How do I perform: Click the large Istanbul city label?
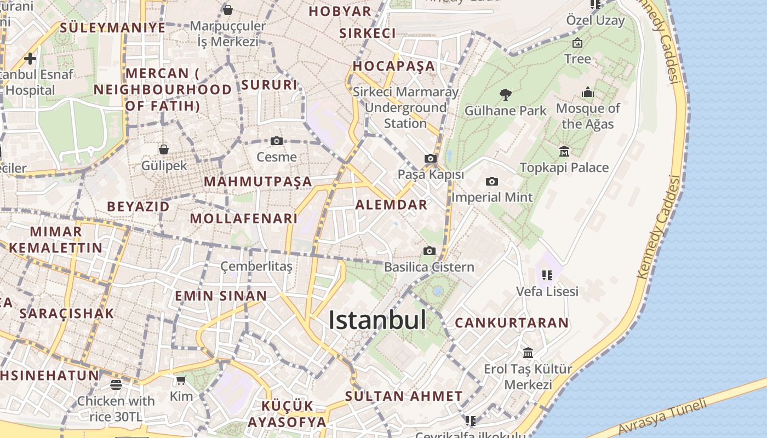(377, 320)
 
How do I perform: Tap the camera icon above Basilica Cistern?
(430, 251)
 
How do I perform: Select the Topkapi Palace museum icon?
(564, 151)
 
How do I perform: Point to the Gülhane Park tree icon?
(505, 94)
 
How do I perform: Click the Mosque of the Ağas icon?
(588, 91)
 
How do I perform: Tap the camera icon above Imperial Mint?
(492, 181)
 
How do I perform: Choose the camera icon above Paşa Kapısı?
(431, 159)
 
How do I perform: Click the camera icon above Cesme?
(277, 141)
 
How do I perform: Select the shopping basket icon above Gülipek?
(164, 149)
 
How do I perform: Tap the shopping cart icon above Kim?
(181, 380)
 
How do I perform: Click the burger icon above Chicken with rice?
(116, 385)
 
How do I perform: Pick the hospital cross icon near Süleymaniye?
(30, 59)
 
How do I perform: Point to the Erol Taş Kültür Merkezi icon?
(528, 353)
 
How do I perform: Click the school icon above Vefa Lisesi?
(547, 275)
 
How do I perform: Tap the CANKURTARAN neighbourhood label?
(512, 322)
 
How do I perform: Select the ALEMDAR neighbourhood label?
(391, 205)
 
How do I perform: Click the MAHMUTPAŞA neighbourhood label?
(258, 181)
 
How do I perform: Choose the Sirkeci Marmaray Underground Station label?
(405, 107)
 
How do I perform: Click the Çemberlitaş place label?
(256, 267)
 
